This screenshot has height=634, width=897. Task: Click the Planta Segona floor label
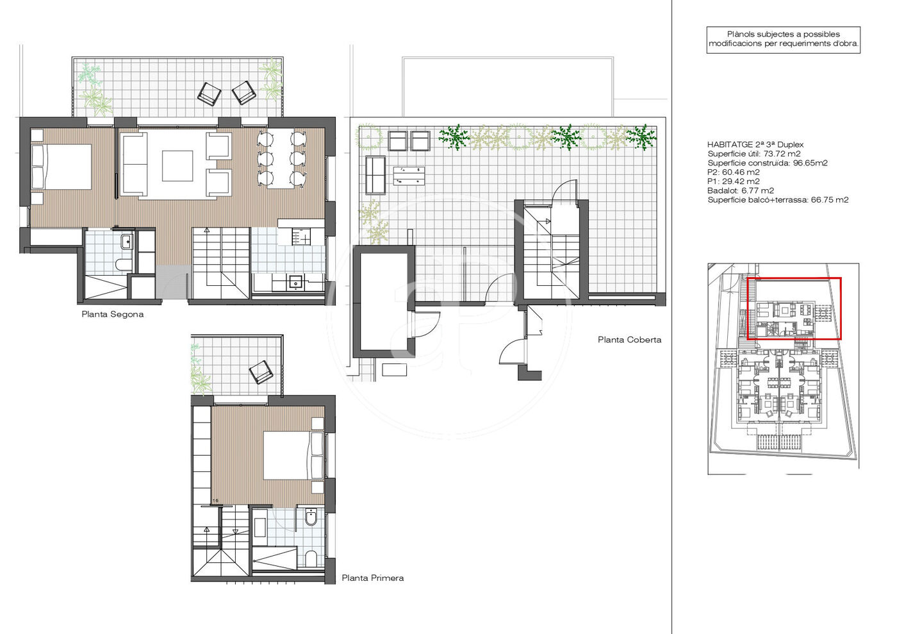click(x=113, y=314)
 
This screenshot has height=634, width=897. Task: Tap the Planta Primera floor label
click(x=372, y=578)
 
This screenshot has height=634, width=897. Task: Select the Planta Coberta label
click(x=629, y=340)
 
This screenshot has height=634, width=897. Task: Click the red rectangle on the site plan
click(x=794, y=278)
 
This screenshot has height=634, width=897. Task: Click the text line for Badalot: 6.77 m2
click(x=741, y=191)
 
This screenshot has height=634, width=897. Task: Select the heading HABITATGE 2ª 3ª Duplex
click(x=755, y=145)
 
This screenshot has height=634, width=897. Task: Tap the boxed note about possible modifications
click(x=784, y=39)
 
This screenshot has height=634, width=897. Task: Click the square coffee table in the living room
click(x=177, y=166)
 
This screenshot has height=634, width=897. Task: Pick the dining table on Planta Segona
click(x=281, y=158)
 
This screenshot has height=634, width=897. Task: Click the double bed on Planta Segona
click(x=61, y=166)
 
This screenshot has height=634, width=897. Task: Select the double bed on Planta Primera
click(x=293, y=455)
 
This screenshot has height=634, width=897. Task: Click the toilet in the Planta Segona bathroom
click(x=123, y=265)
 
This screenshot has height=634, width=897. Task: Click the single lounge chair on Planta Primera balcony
click(x=261, y=372)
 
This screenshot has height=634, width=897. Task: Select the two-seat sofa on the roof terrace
click(x=375, y=175)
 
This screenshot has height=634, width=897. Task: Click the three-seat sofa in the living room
click(x=133, y=165)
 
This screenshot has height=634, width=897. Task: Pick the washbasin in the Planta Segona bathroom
click(x=127, y=242)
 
